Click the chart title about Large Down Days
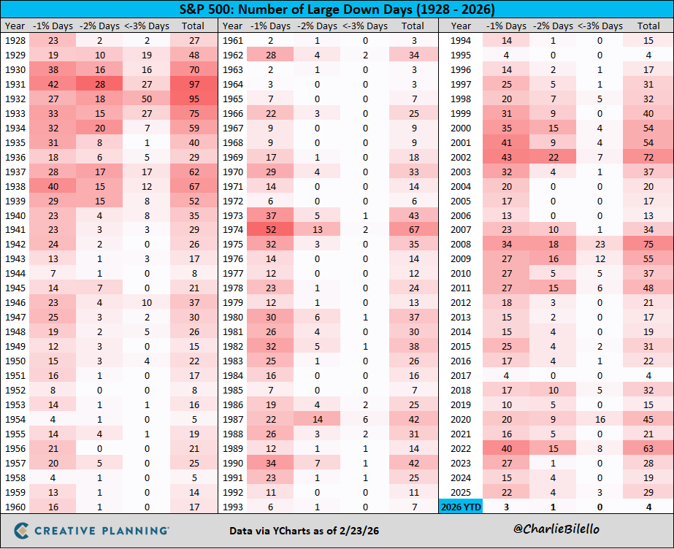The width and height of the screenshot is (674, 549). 337,10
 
